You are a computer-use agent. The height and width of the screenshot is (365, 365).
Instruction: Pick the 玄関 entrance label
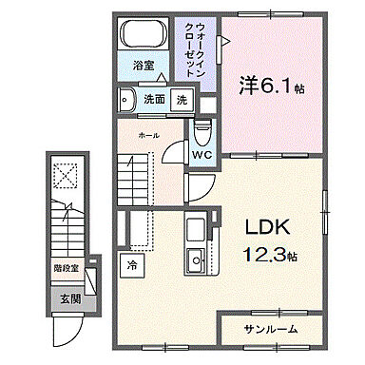71,299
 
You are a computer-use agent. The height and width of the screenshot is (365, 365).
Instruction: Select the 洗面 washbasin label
154,98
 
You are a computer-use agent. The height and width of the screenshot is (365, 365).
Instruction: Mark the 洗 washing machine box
181,98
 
